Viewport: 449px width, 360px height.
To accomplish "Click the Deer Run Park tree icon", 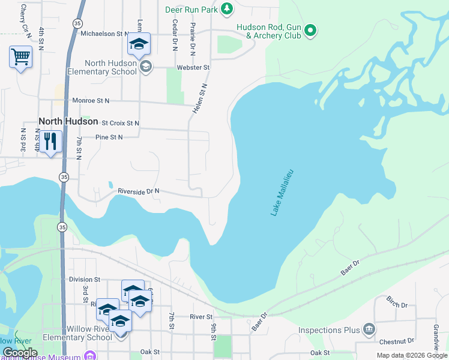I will coord(226,8).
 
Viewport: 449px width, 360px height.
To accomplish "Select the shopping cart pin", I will coord(20,57).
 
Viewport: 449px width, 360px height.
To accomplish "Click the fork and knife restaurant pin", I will coord(50,142).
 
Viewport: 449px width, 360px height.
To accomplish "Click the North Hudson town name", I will coord(68,121).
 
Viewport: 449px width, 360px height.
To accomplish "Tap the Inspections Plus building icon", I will coord(369,329).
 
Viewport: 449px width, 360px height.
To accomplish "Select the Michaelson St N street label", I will coord(105,34).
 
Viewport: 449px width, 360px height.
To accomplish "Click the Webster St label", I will coord(193,68).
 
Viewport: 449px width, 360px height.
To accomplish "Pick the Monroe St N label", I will coord(91,101).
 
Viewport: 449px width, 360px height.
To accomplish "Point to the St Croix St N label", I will coord(120,123).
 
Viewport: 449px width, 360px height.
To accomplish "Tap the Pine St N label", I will coord(109,137).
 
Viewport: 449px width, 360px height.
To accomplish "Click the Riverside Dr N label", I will coord(139,191).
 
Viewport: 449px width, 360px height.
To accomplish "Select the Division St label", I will coord(84,280).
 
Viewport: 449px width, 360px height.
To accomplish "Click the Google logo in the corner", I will coord(19,353).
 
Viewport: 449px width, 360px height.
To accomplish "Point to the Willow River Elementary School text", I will coord(81,333).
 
